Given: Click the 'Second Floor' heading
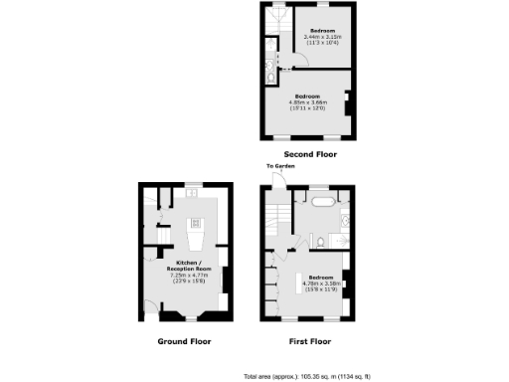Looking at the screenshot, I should pos(310,154).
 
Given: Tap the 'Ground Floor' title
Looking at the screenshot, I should pos(185,340).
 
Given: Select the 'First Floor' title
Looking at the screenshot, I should pos(308,340).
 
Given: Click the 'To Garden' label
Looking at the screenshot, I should pos(279,166).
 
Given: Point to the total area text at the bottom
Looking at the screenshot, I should pos(327,377).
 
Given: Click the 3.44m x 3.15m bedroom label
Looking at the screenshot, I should pos(322,37).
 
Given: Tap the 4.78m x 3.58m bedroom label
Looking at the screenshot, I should pos(321,283).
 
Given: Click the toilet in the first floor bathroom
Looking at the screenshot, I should pos(313,239).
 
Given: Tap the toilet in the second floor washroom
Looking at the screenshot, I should pos(272,70).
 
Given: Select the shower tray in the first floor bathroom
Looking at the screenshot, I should pos(339,239).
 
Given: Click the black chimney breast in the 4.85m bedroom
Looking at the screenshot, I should pos(346,103).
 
